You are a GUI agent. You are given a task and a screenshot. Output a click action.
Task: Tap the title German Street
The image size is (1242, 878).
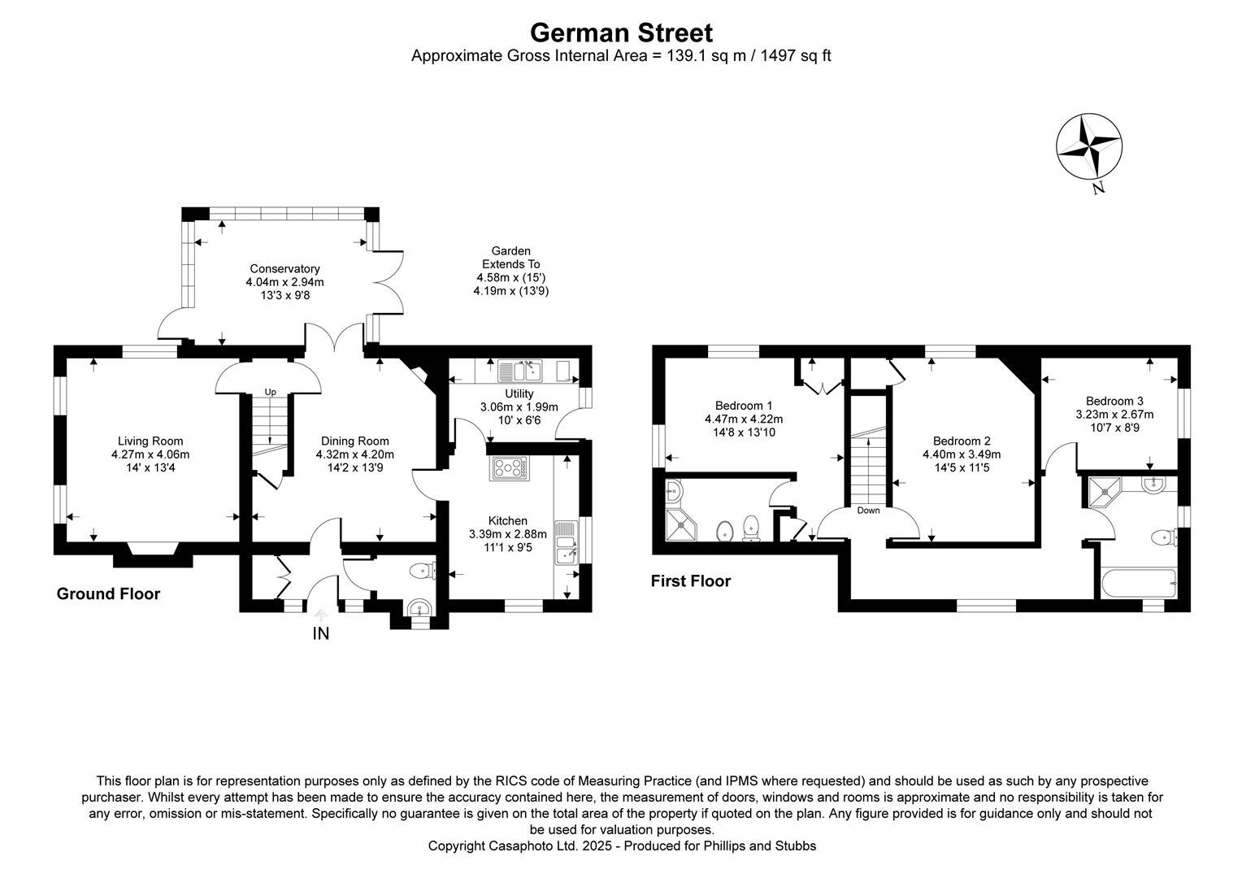tap(621, 33)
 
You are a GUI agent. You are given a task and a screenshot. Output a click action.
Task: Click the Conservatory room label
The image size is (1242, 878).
tap(284, 269)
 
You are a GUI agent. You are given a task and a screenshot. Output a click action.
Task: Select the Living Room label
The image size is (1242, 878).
tap(150, 441)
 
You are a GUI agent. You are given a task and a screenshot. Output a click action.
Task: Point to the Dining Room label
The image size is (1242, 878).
tap(354, 441)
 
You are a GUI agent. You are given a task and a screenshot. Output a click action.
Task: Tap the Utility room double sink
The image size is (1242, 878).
tap(520, 372)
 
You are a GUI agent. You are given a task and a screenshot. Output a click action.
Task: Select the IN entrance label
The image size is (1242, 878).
tap(321, 633)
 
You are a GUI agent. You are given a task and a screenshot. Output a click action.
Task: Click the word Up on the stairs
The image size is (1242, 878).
tap(270, 392)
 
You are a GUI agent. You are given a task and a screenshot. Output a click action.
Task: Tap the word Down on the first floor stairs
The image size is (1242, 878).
tap(868, 511)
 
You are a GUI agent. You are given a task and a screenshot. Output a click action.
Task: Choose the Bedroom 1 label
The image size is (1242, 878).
tap(744, 406)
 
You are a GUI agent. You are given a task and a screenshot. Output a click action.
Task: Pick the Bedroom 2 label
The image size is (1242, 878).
tap(962, 441)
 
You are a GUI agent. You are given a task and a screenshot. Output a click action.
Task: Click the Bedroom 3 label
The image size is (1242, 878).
tap(1114, 401)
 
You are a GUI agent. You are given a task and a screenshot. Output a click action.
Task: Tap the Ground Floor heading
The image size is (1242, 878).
tap(108, 594)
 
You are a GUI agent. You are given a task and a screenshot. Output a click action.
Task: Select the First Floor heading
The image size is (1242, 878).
tap(690, 581)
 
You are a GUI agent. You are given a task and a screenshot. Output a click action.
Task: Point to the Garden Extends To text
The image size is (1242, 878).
tap(510, 258)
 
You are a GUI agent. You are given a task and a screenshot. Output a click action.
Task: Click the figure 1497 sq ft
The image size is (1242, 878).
tap(796, 56)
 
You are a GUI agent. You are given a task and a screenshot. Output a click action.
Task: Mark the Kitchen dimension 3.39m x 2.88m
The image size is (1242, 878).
tap(508, 534)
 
